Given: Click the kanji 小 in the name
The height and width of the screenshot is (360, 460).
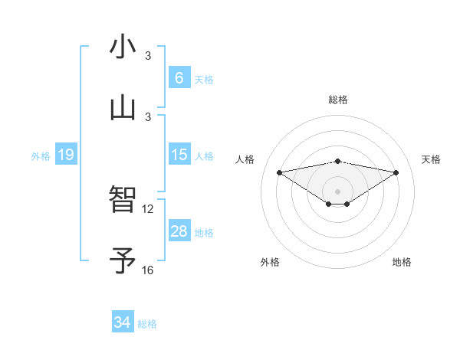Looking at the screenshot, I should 123,47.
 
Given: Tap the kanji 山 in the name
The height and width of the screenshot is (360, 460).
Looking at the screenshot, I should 123,108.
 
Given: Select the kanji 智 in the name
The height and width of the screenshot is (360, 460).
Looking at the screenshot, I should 123,200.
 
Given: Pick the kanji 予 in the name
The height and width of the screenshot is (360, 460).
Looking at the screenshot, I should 123,261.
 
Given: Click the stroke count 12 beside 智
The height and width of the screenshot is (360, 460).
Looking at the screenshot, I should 148,208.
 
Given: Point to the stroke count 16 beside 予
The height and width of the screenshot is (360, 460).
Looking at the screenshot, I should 148,270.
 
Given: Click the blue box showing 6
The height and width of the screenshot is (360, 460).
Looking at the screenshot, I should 179,78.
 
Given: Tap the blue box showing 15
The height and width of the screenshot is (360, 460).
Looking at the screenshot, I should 179,155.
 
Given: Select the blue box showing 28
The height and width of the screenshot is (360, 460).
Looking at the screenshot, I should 179,231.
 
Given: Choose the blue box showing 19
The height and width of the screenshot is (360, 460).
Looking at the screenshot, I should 65,155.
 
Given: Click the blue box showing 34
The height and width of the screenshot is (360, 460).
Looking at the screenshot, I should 123,323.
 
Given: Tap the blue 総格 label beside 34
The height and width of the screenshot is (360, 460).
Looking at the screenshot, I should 147,324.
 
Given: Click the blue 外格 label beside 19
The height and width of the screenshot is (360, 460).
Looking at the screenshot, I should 41,155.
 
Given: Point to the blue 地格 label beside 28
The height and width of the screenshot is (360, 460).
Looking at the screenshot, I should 204,232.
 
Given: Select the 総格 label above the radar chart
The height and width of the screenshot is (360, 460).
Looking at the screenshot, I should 338,100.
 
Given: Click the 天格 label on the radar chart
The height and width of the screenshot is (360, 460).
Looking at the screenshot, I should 432,159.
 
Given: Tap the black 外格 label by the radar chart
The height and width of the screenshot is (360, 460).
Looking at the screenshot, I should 270,262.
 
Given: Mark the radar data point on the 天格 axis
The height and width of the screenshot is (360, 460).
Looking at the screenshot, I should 396,172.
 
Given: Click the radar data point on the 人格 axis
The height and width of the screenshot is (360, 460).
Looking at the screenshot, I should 280,172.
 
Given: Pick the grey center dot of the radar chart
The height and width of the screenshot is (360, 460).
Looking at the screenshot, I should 338,191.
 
